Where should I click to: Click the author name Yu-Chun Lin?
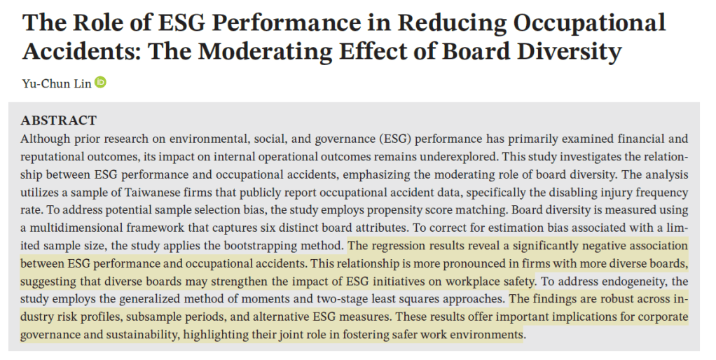tap(56, 83)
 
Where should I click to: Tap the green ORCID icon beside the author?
tap(100, 83)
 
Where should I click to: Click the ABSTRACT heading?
tap(59, 120)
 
